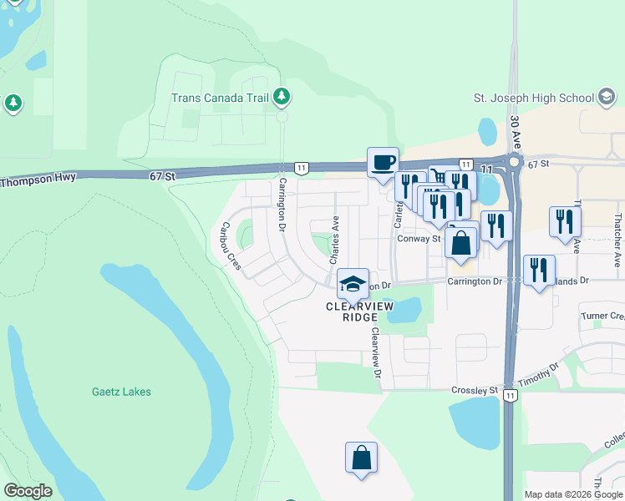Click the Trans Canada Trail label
pyautogui.click(x=220, y=98)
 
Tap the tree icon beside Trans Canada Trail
pyautogui.click(x=282, y=98)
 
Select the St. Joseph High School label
pyautogui.click(x=532, y=98)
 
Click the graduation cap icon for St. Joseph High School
pyautogui.click(x=605, y=97)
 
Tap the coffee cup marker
pyautogui.click(x=383, y=162)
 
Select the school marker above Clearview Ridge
pyautogui.click(x=353, y=283)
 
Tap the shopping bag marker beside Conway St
pyautogui.click(x=460, y=244)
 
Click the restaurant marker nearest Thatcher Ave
pyautogui.click(x=565, y=221)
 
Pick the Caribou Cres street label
pyautogui.click(x=231, y=246)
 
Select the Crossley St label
pyautogui.click(x=474, y=390)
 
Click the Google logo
pyautogui.click(x=28, y=491)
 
